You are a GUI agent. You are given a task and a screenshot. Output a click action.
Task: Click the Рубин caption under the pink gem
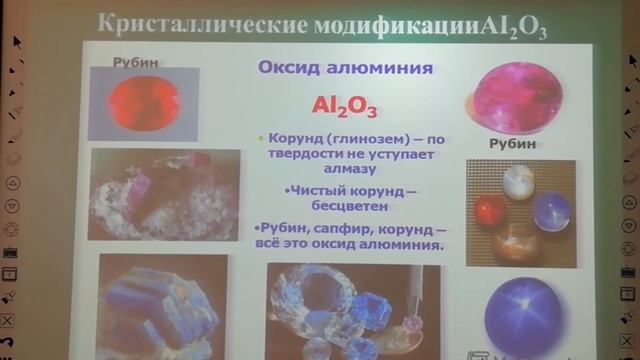pyautogui.click(x=512, y=144)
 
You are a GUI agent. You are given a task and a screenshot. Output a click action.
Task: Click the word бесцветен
pyautogui.click(x=341, y=207)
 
